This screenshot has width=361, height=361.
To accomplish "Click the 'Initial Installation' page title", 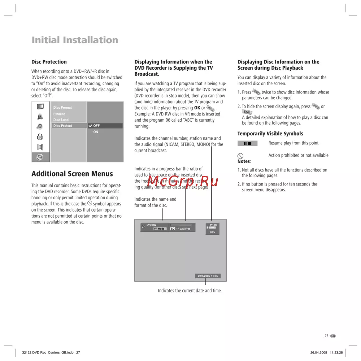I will [75, 40].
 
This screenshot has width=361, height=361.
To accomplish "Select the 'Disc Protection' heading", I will [49, 62].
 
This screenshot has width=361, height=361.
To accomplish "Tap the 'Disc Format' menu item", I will [62, 108].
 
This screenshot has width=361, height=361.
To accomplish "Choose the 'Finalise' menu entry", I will [59, 114].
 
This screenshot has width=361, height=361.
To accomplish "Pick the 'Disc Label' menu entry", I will [61, 120].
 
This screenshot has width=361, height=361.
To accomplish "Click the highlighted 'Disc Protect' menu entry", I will [62, 126].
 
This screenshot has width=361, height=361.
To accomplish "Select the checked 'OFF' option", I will [96, 126].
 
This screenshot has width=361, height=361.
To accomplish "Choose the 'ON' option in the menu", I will [96, 132].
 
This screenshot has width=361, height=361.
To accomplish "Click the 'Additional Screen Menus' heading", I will [72, 174].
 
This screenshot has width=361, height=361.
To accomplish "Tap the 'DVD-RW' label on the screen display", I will [151, 225].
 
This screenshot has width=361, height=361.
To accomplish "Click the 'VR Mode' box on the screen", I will [159, 229].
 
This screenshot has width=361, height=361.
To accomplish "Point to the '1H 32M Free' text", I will [183, 229].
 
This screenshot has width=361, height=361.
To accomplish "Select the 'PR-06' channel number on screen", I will [213, 225].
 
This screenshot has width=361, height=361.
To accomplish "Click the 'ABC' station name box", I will [213, 232].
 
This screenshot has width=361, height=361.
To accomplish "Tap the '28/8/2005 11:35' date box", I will [208, 276].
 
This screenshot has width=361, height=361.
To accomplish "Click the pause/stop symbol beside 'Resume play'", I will [247, 143].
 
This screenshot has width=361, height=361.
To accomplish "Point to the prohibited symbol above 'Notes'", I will [240, 156].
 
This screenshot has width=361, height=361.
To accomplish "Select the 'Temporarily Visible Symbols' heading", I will [270, 134].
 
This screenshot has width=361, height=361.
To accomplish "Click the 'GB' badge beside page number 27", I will [333, 336].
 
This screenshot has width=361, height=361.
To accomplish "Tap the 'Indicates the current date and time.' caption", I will [190, 291].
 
